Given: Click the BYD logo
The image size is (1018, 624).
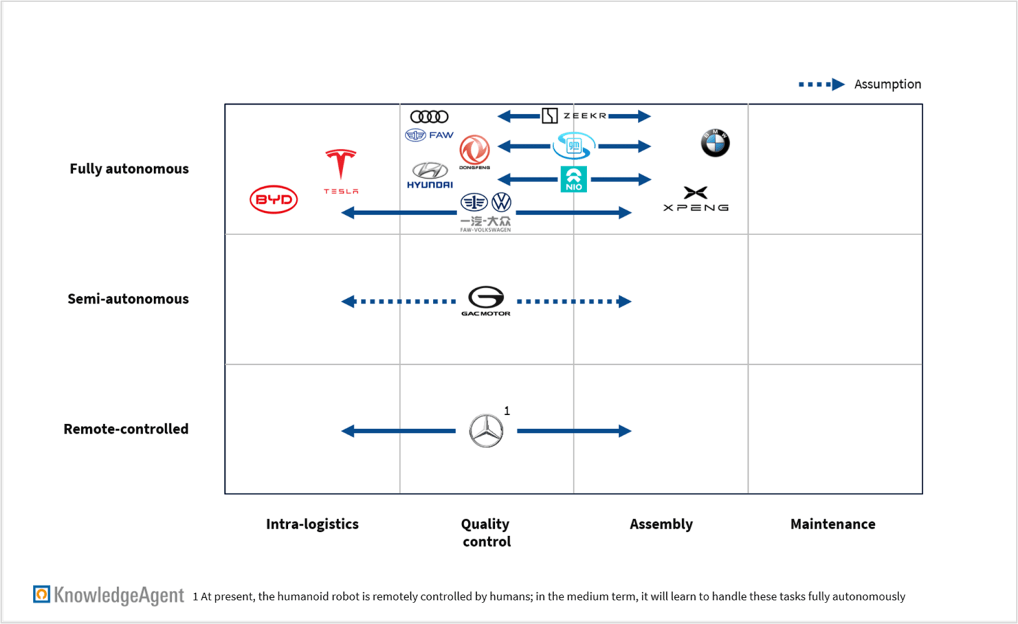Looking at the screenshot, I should (273, 199).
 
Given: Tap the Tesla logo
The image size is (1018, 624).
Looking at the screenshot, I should (340, 171).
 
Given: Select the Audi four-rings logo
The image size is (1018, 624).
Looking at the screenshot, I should (429, 117).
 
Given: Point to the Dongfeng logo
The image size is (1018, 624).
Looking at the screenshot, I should (474, 152).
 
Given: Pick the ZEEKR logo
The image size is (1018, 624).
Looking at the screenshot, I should (574, 116).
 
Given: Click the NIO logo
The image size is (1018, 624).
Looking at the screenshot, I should (573, 179).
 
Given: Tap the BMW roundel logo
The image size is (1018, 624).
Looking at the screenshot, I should (715, 142).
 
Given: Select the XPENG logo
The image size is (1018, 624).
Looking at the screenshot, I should (696, 199).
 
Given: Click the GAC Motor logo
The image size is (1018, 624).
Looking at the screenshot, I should (485, 300).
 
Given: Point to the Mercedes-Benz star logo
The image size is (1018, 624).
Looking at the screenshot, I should (485, 431).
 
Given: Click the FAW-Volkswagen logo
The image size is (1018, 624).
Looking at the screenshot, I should (486, 212).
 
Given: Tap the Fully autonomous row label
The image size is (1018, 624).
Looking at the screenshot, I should (129, 169).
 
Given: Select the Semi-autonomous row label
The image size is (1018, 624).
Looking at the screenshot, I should (128, 299).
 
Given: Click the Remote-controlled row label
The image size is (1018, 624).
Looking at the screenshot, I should (126, 429).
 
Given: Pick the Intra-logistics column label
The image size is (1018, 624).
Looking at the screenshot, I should (312, 524).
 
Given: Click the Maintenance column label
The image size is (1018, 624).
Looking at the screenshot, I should (833, 524).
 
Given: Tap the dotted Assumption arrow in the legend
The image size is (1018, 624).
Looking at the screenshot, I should (821, 85).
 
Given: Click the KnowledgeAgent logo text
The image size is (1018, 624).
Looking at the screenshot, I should (118, 595).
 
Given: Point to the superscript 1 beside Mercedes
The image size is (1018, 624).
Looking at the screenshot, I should (507, 410).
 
